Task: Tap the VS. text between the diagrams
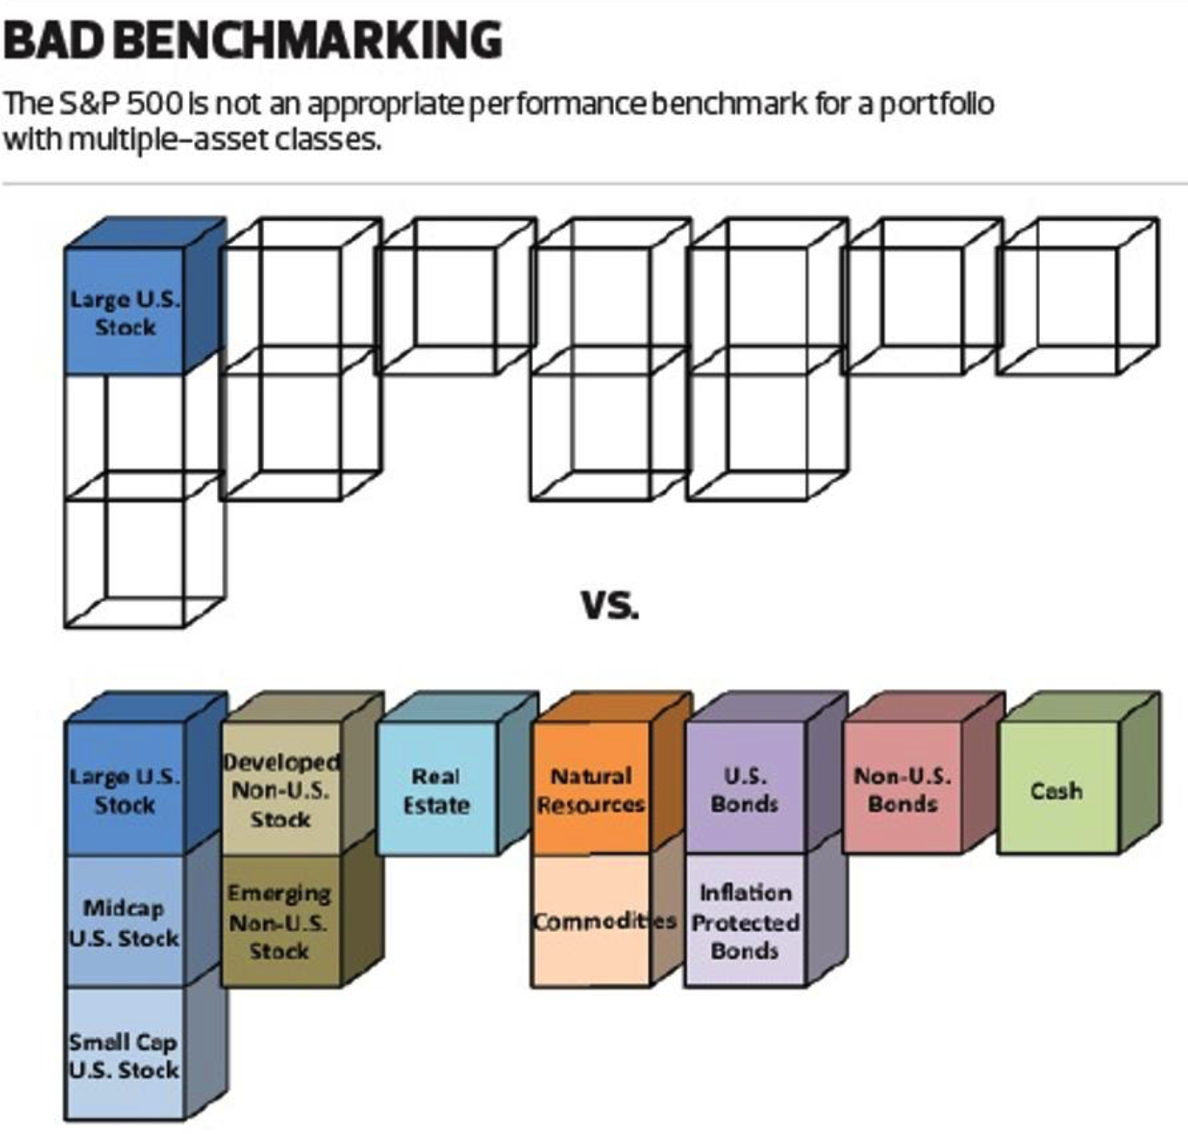[610, 604]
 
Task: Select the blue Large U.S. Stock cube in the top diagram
[125, 312]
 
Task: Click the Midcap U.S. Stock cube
[125, 921]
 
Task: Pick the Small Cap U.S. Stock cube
[125, 1054]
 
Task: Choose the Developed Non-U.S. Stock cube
[280, 790]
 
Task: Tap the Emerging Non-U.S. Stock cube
[280, 921]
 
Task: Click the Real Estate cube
[435, 790]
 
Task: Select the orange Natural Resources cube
[591, 790]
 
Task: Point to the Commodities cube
[591, 921]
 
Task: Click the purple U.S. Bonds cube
[745, 790]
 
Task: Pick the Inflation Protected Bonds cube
[745, 921]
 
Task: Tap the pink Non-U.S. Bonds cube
[902, 790]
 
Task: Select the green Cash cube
[1056, 790]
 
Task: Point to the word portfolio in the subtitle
[936, 105]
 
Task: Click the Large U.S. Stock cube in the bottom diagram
[125, 790]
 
